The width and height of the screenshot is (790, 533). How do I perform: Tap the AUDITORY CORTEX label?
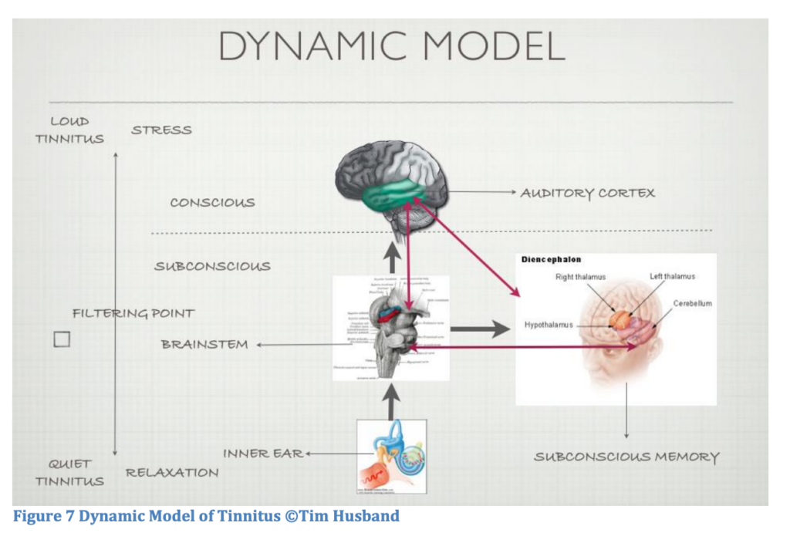(587, 193)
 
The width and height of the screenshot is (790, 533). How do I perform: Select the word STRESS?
(161, 130)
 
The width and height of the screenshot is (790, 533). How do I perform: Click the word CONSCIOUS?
(212, 203)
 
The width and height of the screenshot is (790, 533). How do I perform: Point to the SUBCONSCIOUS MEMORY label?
(626, 457)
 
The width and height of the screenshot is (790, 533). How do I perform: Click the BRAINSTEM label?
(204, 344)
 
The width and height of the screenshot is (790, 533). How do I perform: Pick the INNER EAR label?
(263, 454)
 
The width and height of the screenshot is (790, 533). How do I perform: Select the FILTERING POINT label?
(133, 313)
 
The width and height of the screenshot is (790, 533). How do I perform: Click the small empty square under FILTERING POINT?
(62, 339)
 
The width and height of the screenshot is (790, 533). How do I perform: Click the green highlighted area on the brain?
(398, 193)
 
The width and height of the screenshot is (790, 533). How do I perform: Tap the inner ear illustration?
(392, 456)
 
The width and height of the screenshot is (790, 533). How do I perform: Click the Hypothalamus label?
(549, 325)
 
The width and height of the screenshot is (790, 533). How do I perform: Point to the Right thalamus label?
(580, 277)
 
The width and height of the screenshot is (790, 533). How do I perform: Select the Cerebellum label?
(692, 303)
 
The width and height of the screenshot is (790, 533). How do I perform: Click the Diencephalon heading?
(551, 260)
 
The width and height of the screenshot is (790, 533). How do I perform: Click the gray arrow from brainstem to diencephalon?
(479, 329)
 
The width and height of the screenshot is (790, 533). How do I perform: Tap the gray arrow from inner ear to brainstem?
(392, 402)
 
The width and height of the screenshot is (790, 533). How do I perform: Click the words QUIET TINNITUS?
(69, 473)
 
